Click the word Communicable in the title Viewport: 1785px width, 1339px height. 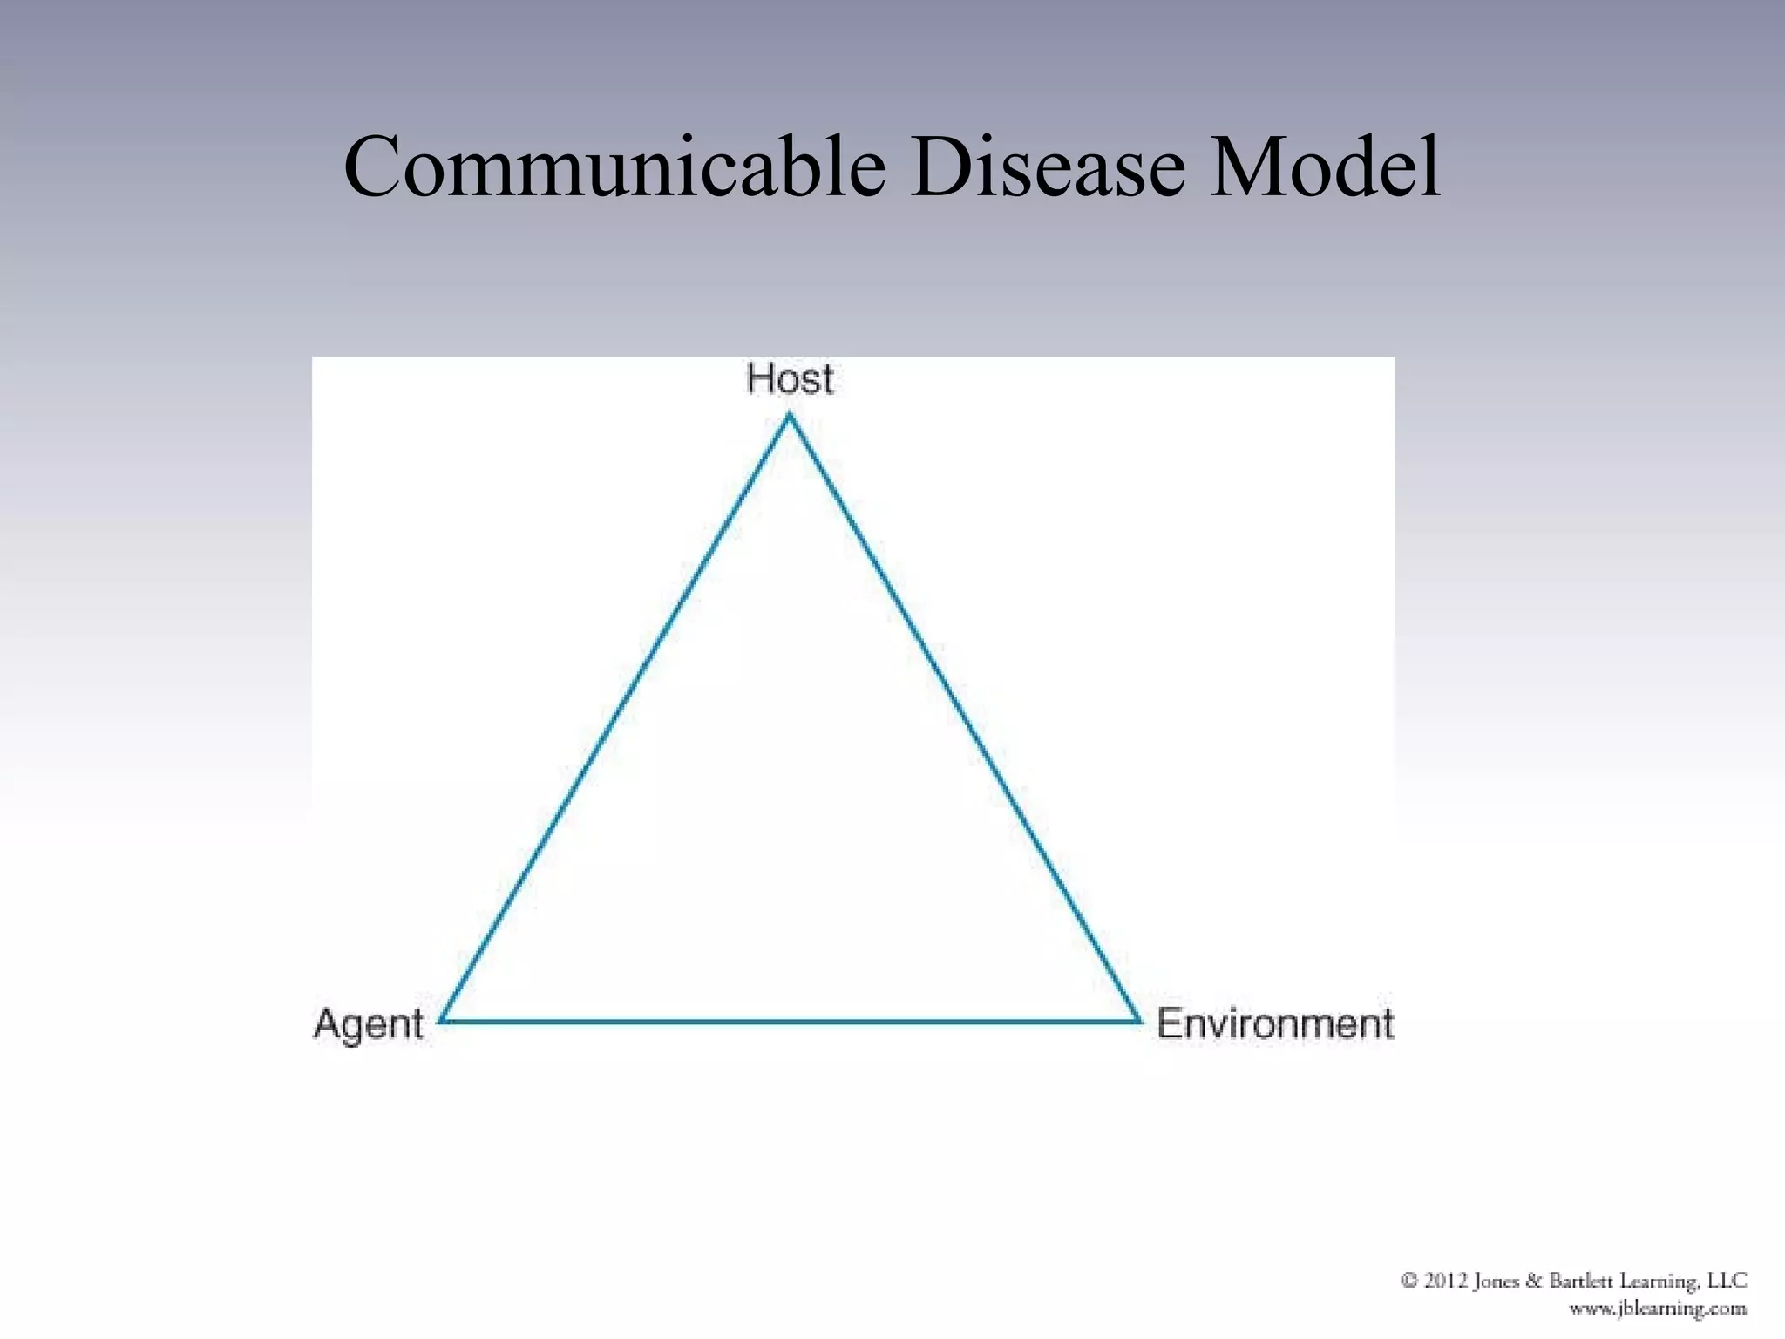614,167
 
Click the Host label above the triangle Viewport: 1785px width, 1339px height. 790,379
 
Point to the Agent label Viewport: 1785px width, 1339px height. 369,1023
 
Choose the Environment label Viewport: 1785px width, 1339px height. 1274,1023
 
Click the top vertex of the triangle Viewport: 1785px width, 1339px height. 790,417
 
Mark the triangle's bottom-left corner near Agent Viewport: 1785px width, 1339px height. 443,1019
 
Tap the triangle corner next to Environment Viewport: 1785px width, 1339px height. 1138,1019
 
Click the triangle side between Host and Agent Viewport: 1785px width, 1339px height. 616,717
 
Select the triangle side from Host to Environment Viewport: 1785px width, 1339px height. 964,717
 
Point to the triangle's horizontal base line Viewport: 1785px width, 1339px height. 791,1020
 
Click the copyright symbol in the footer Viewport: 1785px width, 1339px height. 1408,1280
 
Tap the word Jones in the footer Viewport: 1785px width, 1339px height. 1496,1281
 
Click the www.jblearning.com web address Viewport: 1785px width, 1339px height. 1658,1308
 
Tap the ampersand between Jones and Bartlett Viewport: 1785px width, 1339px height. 1535,1281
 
